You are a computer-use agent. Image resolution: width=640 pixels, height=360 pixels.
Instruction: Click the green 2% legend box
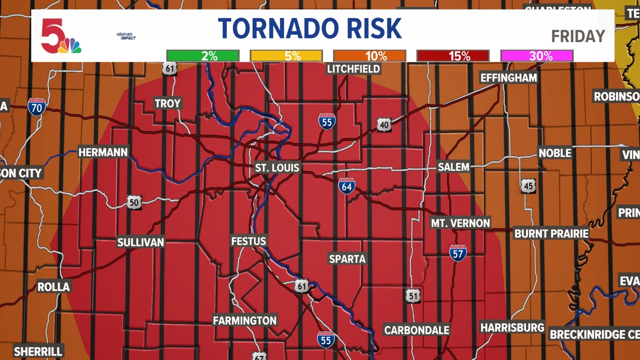(203, 56)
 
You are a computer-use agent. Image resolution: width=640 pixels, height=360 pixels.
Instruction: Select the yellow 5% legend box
(286, 56)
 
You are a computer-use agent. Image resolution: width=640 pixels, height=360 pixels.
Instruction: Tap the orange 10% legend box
(369, 56)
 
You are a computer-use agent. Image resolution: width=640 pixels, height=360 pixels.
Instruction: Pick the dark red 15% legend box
(453, 56)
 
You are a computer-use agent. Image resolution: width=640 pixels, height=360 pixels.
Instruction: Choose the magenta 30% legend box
(537, 56)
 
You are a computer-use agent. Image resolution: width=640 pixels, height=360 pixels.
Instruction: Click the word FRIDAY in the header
(578, 37)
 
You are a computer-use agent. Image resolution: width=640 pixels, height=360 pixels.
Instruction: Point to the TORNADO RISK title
(310, 29)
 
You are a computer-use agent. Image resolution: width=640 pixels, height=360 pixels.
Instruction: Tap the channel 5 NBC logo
(61, 37)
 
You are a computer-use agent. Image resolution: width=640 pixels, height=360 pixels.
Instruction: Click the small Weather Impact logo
(126, 37)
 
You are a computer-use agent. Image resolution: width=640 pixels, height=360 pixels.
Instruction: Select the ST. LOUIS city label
(277, 167)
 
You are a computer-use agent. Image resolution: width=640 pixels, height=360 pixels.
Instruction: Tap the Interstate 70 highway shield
(36, 106)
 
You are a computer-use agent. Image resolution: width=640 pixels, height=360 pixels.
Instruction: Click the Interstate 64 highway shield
(347, 186)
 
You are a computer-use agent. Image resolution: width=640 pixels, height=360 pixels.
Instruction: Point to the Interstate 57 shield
(458, 253)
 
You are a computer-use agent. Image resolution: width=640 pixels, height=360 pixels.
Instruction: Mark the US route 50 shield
(134, 202)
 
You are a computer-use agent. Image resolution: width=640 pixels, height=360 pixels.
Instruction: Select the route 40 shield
(384, 125)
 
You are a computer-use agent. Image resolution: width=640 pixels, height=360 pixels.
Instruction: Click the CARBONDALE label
(416, 330)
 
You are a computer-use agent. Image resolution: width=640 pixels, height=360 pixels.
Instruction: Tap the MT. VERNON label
(460, 223)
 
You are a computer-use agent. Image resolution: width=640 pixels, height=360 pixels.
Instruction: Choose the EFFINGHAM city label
(509, 78)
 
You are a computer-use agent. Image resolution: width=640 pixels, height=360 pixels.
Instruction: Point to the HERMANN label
(103, 152)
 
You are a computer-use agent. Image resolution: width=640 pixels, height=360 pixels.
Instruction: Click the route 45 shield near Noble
(528, 186)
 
